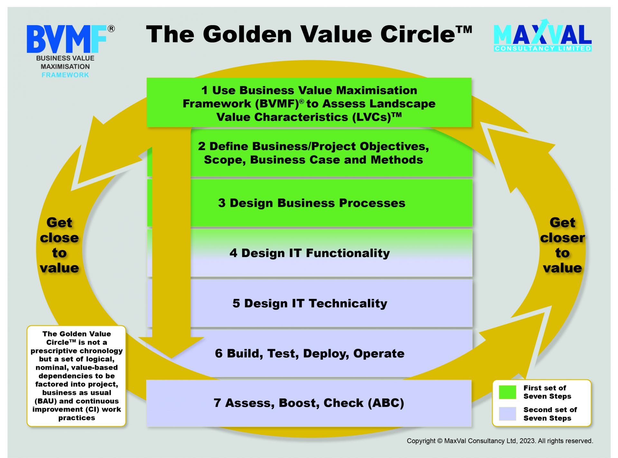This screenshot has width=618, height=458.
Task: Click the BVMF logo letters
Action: tap(67, 39)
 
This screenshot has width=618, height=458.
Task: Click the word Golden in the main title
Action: tap(247, 34)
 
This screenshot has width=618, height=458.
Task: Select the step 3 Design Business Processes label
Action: tap(312, 203)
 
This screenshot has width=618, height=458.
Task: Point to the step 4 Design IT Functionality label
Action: tap(310, 253)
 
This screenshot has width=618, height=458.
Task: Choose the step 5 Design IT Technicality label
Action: tap(310, 303)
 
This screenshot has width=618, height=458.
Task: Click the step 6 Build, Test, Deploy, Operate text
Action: tap(310, 354)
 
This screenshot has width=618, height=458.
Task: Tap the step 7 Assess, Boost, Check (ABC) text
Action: tap(309, 403)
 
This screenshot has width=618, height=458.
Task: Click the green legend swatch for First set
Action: tap(507, 392)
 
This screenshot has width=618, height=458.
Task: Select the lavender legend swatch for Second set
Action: tap(507, 414)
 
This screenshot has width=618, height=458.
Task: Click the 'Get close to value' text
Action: tap(59, 245)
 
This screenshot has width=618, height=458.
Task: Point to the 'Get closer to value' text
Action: tap(562, 245)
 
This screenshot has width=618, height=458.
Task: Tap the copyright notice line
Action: tap(500, 441)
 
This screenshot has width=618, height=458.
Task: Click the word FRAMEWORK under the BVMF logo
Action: tap(65, 75)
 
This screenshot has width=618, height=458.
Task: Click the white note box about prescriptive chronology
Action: tap(76, 376)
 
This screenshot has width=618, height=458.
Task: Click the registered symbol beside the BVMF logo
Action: tap(111, 29)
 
